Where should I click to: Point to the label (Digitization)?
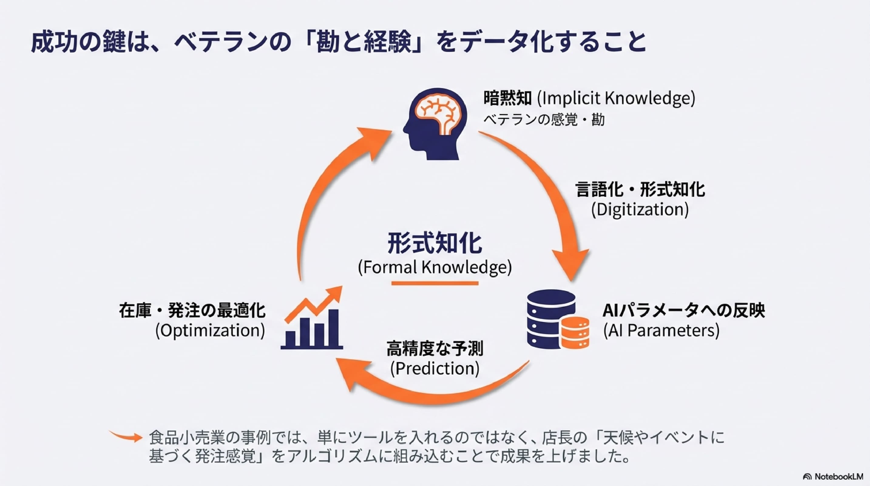640,210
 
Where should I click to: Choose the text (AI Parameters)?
661,330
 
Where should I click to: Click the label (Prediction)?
435,368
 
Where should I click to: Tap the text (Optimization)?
210,330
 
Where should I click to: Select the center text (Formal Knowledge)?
435,267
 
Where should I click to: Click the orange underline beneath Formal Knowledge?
435,283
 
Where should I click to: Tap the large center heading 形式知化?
435,243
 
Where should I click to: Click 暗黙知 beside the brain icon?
508,98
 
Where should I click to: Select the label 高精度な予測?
435,348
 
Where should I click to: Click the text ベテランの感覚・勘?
544,120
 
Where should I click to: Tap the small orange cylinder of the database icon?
575,333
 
